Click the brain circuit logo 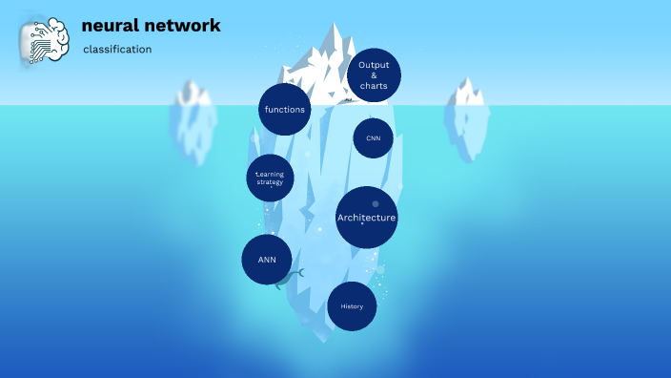[44, 39]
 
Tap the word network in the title [188, 26]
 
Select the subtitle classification [117, 50]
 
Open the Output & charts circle [374, 75]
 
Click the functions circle [285, 109]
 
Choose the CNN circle [373, 138]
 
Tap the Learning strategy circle [270, 178]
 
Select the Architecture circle [366, 218]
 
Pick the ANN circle [267, 259]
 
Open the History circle [352, 306]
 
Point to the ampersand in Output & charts [374, 75]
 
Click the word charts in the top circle [374, 86]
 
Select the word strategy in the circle [270, 182]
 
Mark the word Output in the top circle [374, 65]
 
